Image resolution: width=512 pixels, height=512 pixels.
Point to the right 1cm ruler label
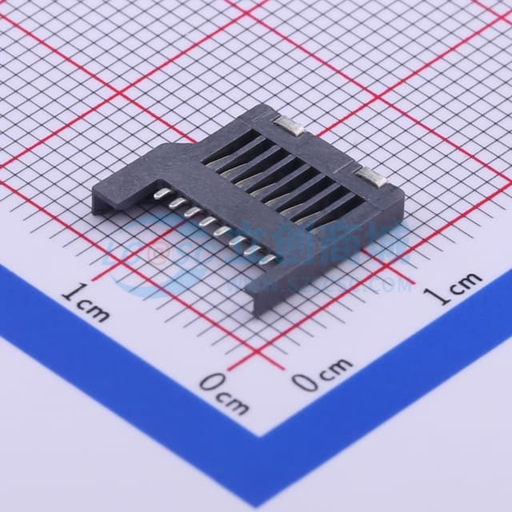click(454, 289)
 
